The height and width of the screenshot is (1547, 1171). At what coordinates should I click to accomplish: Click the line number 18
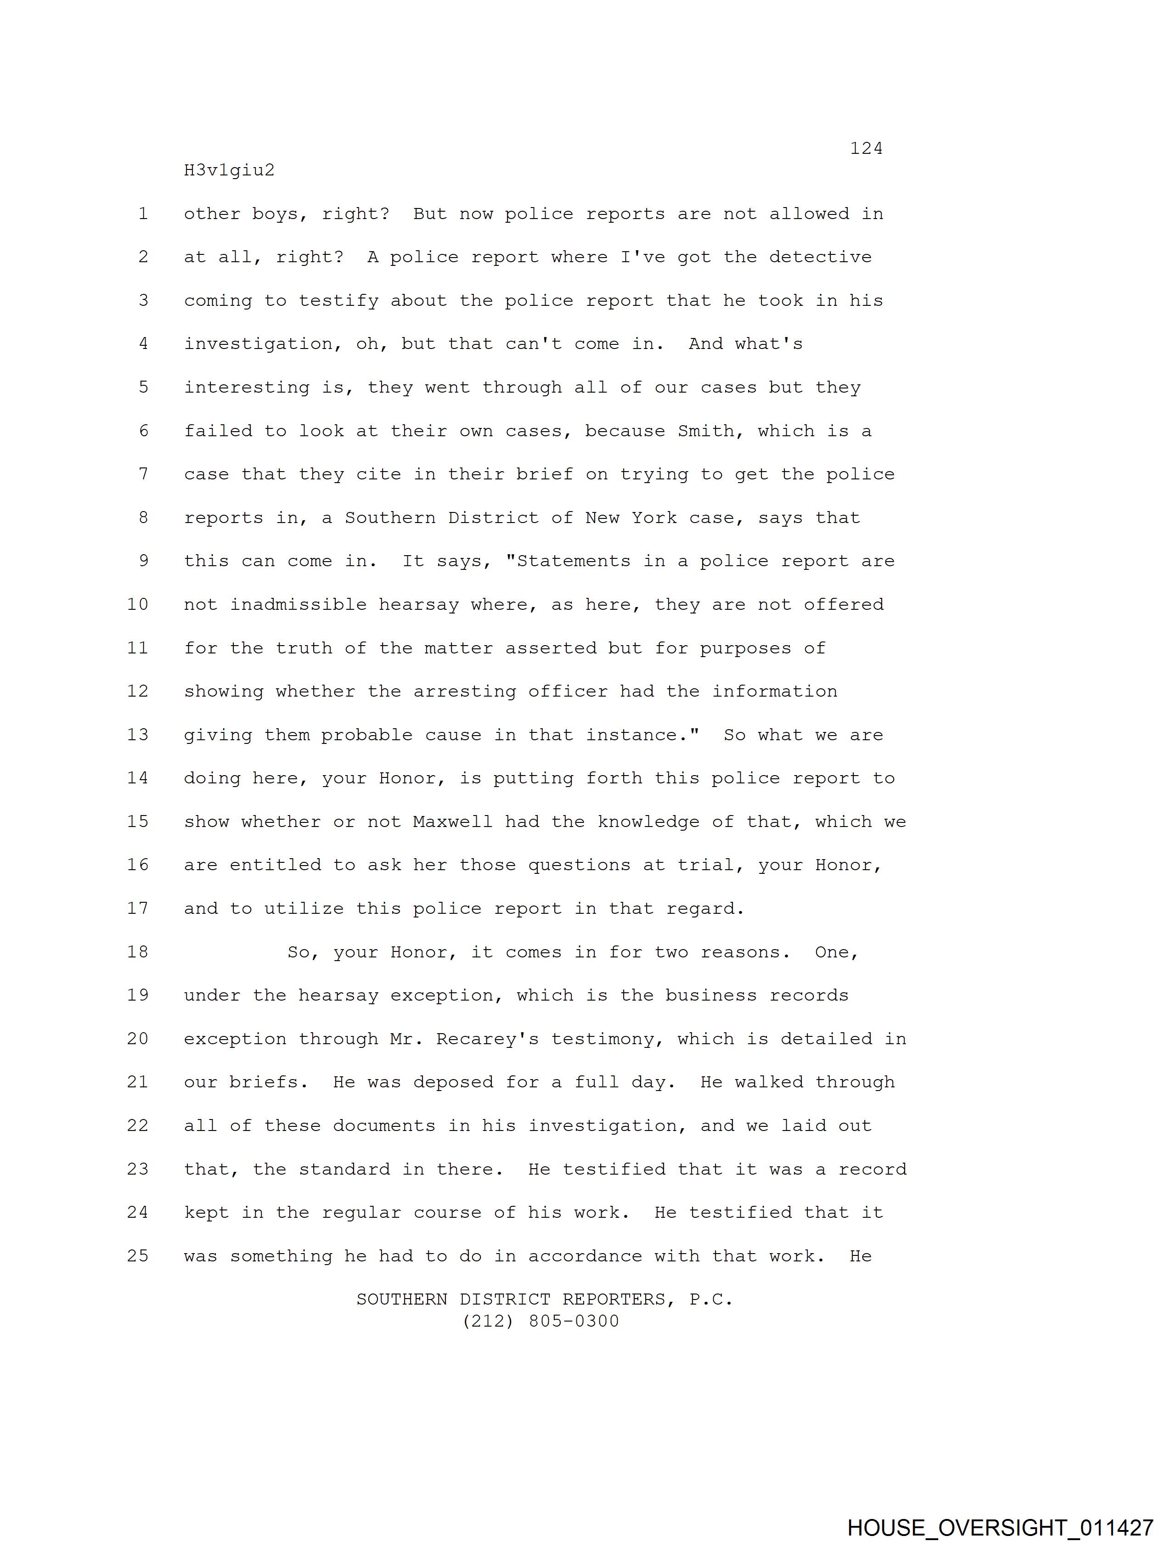[138, 952]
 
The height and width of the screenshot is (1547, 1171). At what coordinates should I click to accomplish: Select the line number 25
[138, 1255]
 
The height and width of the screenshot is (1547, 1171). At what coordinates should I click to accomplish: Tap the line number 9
[143, 561]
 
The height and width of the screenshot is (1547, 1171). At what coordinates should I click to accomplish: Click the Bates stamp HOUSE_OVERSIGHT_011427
[1000, 1527]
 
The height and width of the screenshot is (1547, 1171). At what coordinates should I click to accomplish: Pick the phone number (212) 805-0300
[541, 1321]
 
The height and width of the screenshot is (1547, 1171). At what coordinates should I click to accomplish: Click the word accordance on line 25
[585, 1255]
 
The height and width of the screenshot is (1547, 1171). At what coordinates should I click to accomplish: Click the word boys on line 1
[280, 214]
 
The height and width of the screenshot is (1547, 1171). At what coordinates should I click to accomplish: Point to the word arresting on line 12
[464, 691]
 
